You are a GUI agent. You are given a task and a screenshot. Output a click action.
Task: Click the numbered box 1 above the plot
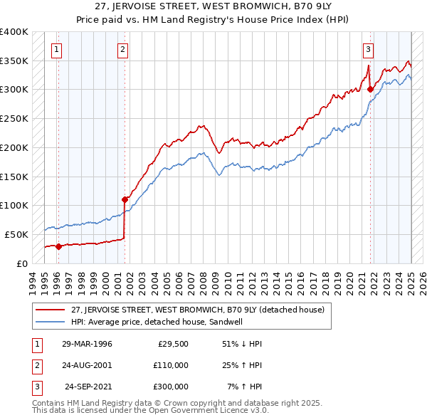coord(56,50)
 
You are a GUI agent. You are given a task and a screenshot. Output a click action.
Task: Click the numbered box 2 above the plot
coord(123,50)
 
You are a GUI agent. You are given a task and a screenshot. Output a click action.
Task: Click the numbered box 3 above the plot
coord(368,50)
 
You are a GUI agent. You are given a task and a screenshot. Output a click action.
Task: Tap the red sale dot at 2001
coord(125,199)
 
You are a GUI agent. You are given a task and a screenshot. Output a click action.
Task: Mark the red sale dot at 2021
coord(371,89)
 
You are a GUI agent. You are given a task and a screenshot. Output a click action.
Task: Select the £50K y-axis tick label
coord(16,234)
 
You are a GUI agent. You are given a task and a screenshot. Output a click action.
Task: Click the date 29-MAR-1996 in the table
coord(87,344)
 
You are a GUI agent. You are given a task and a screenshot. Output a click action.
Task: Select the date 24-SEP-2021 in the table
coord(89,387)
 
